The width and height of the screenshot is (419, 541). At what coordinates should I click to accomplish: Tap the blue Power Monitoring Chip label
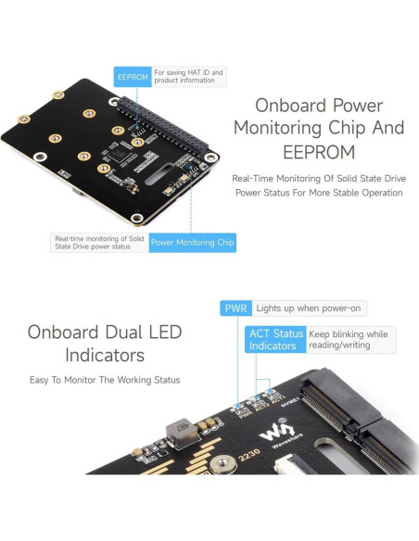coord(193,243)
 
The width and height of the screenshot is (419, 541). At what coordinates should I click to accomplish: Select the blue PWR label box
coord(235,308)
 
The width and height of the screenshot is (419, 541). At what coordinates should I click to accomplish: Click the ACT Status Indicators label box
coord(275,339)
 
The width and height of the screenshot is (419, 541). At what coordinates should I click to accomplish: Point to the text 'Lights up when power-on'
coord(297,308)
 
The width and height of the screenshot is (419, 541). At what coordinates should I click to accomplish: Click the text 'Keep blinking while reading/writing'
coord(350,339)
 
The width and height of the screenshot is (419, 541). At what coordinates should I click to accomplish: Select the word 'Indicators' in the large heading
coord(104,355)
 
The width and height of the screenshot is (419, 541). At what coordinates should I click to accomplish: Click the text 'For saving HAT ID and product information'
coord(189,77)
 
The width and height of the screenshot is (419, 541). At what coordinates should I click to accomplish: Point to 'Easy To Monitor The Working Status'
coord(104,380)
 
